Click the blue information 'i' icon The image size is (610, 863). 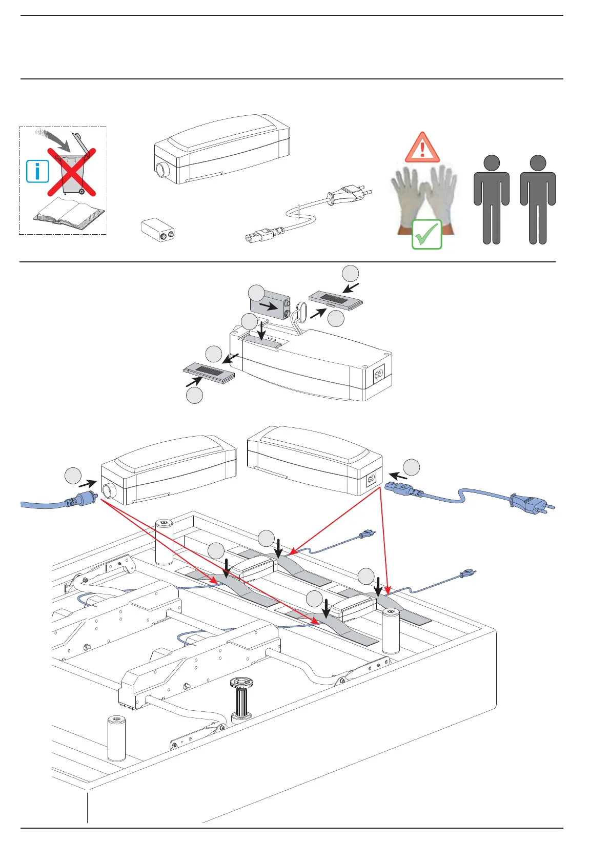pyautogui.click(x=37, y=171)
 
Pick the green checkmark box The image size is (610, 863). pyautogui.click(x=426, y=235)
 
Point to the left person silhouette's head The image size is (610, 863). pyautogui.click(x=492, y=163)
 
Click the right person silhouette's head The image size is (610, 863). pyautogui.click(x=538, y=163)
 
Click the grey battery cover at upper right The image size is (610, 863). pyautogui.click(x=336, y=300)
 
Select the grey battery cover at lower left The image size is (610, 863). pyautogui.click(x=209, y=372)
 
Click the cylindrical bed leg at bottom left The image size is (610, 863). pyautogui.click(x=116, y=737)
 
